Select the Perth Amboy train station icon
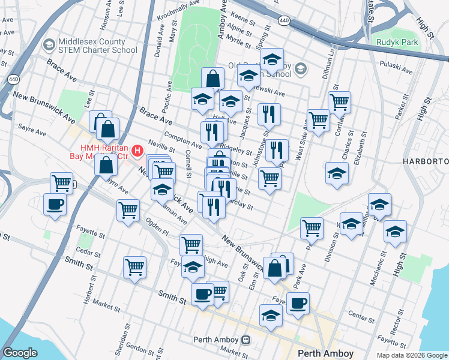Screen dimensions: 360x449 246,340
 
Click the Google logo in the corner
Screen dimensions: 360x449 20,353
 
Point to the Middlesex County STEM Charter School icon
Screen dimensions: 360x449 48,46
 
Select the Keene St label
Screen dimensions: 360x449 243,20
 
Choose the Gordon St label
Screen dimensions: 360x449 140,348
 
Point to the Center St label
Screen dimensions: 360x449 361,314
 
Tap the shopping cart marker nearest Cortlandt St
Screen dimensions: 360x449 340,102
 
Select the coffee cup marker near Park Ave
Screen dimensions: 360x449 298,302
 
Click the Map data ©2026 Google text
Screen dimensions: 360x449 412,355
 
